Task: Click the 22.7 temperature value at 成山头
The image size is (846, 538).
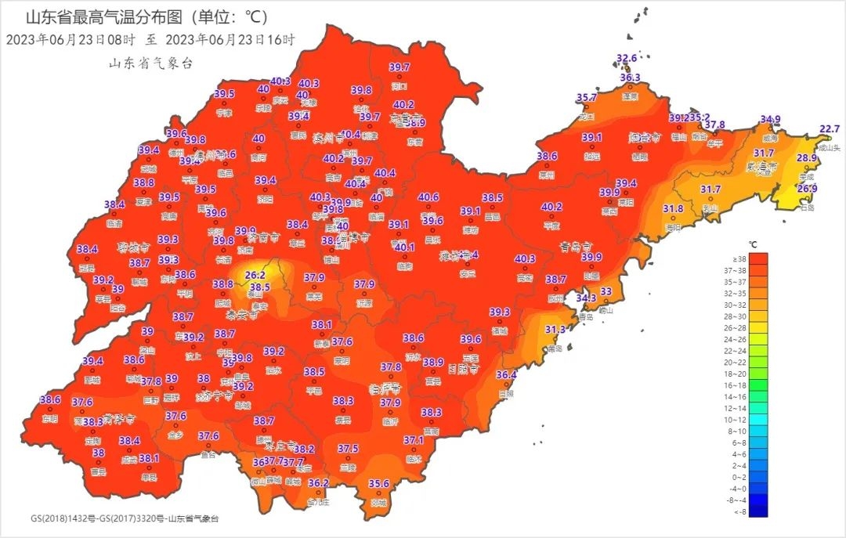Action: coord(829,129)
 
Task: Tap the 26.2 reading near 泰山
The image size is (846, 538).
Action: coord(255,276)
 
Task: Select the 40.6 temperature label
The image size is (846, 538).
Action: coord(428,197)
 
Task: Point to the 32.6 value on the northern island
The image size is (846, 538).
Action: coord(627,59)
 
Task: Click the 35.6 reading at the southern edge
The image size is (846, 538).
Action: coord(379,484)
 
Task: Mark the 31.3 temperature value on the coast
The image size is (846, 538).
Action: coord(555,330)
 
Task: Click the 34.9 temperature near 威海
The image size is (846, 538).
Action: coord(770,120)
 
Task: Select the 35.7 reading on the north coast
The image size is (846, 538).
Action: coord(587,98)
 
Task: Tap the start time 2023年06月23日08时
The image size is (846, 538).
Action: coord(70,39)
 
